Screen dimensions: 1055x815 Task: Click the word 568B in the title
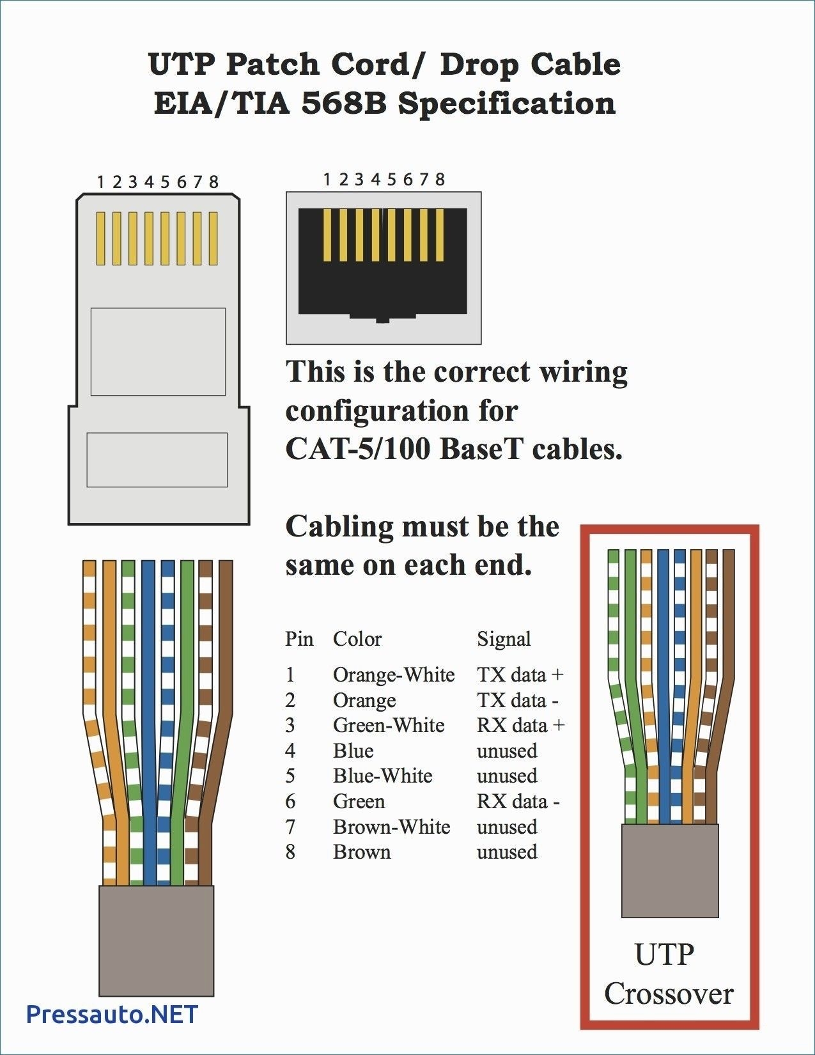344,104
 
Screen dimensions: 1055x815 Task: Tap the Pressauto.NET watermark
113,1015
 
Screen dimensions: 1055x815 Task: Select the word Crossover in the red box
669,994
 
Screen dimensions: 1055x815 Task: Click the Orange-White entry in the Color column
393,675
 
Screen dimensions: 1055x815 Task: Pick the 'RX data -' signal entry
518,801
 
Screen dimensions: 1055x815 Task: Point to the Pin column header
299,639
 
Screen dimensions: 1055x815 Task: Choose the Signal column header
504,639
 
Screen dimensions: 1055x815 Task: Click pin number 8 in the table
290,852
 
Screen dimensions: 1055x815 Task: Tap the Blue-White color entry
382,776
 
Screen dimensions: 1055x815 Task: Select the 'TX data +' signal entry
520,675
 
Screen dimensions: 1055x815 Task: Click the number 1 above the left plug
100,182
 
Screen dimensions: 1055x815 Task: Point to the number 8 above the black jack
439,180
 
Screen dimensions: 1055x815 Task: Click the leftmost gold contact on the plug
100,238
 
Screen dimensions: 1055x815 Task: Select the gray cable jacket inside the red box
670,870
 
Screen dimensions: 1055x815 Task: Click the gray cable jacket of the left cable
156,940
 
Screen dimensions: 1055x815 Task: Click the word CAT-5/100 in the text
358,449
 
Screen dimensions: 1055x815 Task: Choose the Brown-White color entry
391,827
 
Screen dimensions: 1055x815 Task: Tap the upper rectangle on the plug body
158,351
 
